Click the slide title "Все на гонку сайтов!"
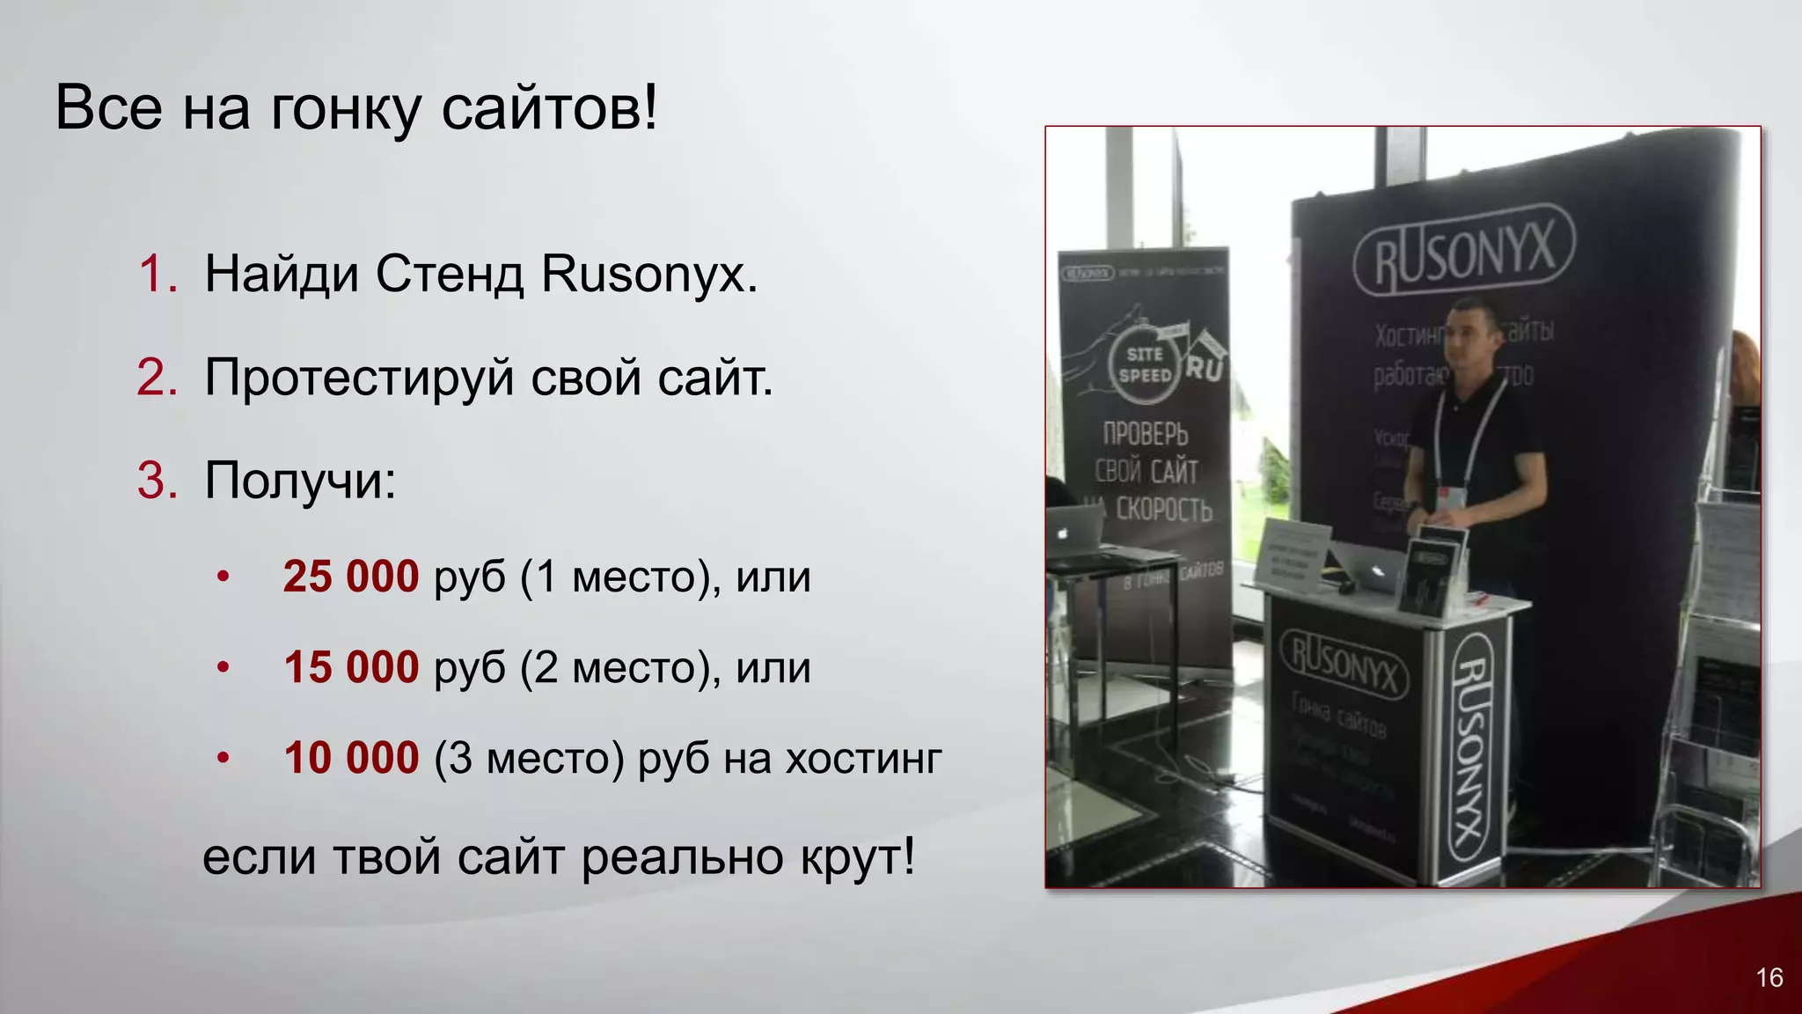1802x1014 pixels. (x=356, y=107)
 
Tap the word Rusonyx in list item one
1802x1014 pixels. (x=648, y=274)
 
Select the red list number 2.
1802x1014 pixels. (x=158, y=378)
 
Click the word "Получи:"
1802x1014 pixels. (x=300, y=481)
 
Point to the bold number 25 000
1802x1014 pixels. (x=351, y=577)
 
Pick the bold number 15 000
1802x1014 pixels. (x=351, y=667)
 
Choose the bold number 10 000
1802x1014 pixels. (x=351, y=758)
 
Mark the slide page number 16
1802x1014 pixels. (x=1769, y=978)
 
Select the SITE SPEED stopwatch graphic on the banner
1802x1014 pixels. (x=1144, y=364)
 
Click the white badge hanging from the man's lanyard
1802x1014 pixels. (x=1450, y=496)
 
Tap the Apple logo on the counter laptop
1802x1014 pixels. (x=1377, y=572)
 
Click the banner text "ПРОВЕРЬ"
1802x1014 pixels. (x=1146, y=434)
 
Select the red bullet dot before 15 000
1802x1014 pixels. (x=223, y=667)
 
